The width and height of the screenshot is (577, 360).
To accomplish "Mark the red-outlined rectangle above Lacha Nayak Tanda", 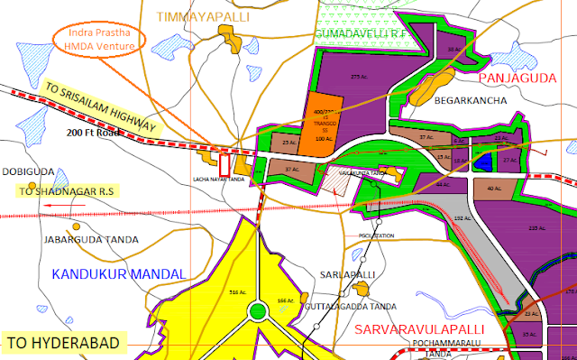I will pos(224,166).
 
